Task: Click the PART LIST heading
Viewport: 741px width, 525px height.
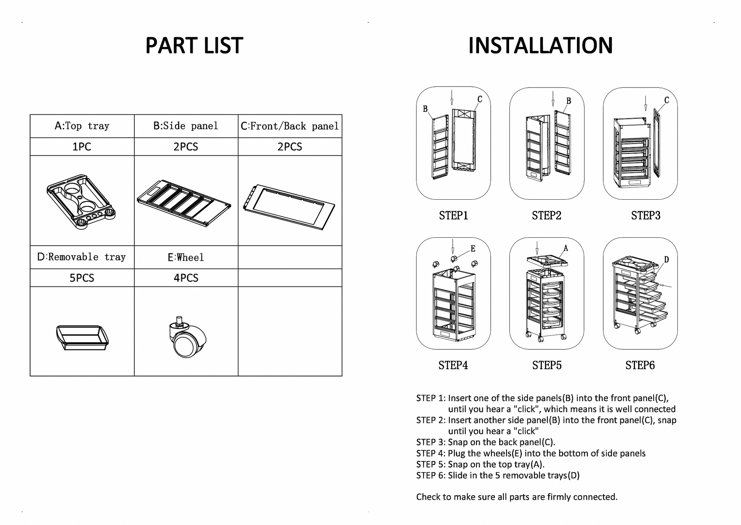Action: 194,46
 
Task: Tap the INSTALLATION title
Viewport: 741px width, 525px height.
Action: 540,46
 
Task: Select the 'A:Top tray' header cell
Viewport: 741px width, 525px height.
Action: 82,126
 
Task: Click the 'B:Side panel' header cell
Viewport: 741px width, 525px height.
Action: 186,126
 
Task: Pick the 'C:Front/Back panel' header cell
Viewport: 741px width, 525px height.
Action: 290,126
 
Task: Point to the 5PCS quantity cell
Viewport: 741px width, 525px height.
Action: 82,278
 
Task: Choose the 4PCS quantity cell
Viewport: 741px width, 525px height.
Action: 186,278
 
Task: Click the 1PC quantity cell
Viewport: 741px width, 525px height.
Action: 82,147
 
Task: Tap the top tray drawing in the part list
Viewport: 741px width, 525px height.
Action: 81,201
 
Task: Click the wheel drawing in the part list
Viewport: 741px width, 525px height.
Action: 187,338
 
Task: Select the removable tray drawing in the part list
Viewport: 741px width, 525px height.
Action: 82,337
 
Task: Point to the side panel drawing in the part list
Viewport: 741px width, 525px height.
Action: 184,202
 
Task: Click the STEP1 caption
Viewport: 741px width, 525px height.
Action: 453,216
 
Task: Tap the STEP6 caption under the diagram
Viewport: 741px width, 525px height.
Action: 640,365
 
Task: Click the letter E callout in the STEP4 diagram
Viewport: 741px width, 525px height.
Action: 473,249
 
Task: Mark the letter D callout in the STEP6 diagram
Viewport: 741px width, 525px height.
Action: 666,259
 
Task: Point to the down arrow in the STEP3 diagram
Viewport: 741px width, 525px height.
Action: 645,103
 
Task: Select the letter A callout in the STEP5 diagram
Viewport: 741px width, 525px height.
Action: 566,248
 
